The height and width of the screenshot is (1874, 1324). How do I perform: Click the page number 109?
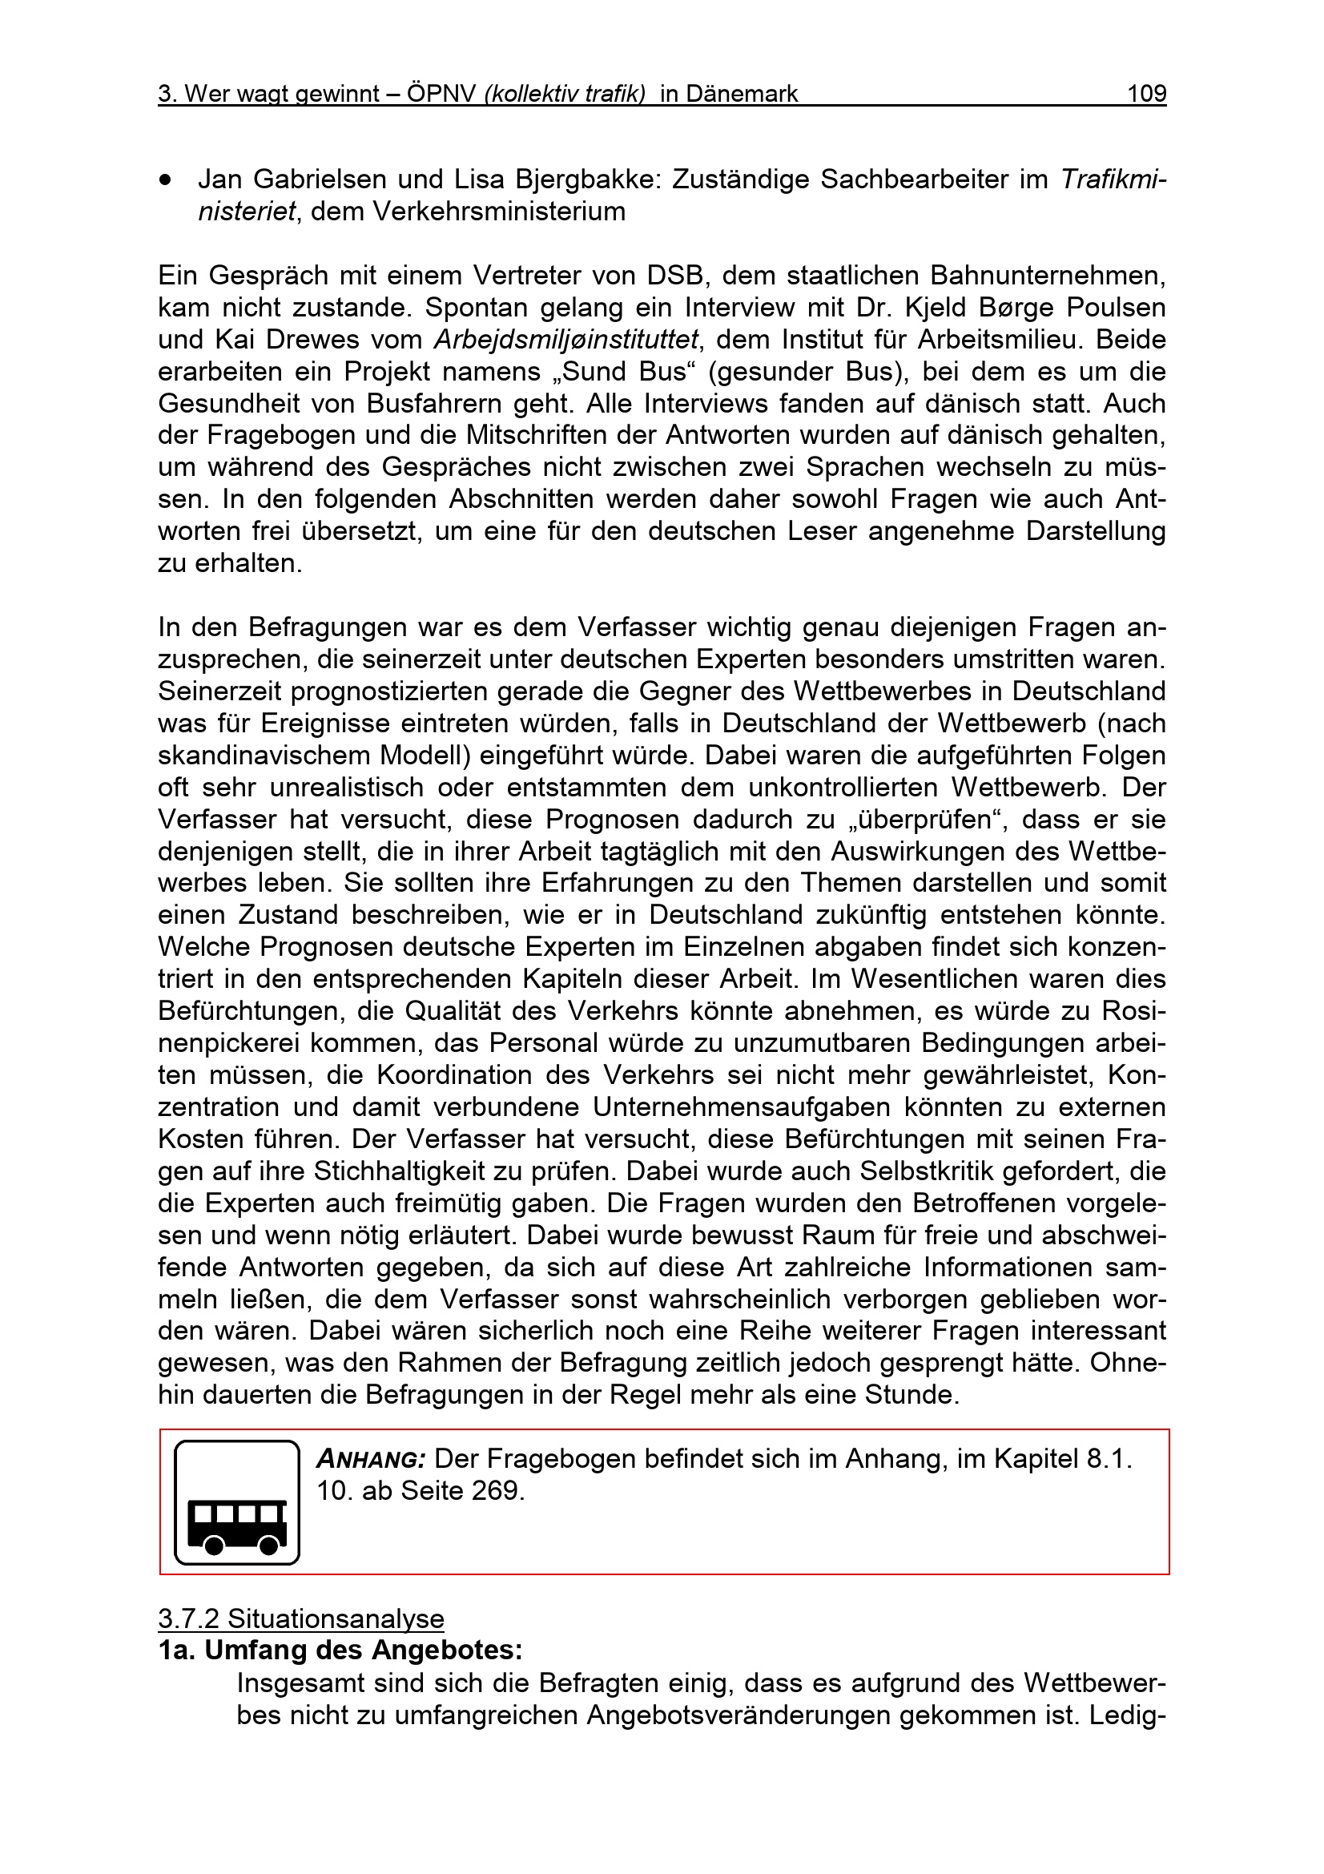tap(1146, 95)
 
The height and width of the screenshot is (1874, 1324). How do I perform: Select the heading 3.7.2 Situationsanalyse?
tap(301, 1618)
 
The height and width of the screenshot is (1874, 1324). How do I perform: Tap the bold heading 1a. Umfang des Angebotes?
tap(340, 1650)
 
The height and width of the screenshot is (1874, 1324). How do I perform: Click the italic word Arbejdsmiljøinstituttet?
tap(566, 340)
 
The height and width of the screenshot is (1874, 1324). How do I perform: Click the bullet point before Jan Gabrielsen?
tap(167, 180)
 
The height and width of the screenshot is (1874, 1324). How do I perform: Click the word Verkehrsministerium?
tap(499, 212)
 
